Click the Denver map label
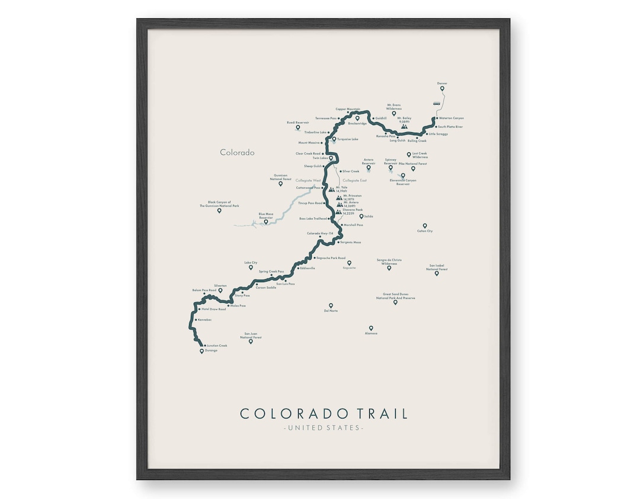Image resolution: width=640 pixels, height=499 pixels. [442, 83]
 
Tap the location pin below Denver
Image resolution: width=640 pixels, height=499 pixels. [442, 89]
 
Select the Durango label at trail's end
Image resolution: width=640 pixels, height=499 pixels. [211, 350]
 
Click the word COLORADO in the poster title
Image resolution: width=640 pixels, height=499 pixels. [286, 414]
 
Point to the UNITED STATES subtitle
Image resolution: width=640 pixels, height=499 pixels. [323, 427]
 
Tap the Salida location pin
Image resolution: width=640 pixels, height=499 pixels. [361, 216]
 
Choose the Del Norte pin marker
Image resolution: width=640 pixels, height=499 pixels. [331, 306]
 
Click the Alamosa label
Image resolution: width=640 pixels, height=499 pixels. [371, 334]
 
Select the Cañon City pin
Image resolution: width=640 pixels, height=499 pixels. [424, 226]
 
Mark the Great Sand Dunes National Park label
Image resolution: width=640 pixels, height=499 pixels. [395, 296]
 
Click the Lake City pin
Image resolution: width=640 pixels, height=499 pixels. [251, 267]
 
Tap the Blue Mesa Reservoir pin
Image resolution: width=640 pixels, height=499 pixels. [265, 222]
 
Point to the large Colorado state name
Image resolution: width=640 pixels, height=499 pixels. [237, 152]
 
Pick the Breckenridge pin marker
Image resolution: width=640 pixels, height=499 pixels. [357, 118]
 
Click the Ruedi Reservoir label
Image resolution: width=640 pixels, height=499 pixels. [298, 122]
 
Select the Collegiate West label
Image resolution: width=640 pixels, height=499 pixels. [308, 180]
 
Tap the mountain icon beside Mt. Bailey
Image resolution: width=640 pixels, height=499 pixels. [404, 126]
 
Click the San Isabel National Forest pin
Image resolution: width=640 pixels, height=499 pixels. [437, 273]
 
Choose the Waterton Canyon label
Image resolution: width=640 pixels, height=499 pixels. [452, 118]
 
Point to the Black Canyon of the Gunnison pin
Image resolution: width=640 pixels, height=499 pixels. [219, 210]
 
